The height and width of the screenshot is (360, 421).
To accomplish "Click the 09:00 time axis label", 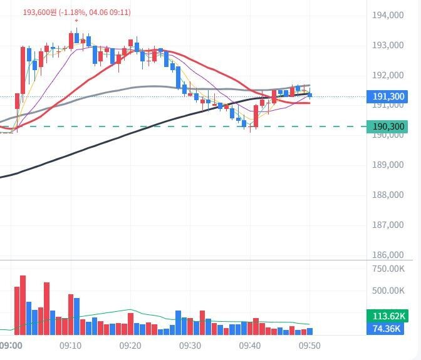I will [11, 346].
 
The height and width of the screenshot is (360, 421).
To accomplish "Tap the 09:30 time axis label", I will [190, 346].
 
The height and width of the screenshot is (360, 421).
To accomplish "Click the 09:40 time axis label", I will [250, 346].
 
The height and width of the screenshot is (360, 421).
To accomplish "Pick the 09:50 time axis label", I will [310, 346].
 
